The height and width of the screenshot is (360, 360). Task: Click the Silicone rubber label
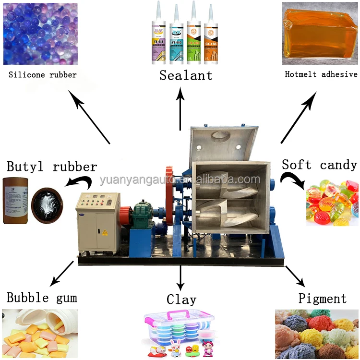coord(42,74)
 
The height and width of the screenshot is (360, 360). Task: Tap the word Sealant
coord(186,75)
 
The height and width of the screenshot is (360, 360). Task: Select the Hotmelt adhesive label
coord(321,74)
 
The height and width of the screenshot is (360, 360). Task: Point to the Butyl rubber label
coord(52,167)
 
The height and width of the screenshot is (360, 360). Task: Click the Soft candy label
coord(319,165)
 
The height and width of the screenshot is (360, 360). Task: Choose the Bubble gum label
coord(42,298)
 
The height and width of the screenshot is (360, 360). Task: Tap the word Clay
coord(181,300)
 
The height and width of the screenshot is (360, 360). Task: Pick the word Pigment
coord(322,298)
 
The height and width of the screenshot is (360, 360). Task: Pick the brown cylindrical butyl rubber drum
coord(15,201)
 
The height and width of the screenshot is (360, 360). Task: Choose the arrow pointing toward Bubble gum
coord(63,274)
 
